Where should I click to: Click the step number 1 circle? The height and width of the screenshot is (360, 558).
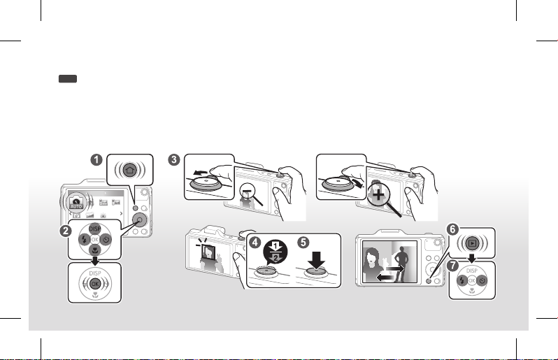99,160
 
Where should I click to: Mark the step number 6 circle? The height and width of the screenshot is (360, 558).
452,229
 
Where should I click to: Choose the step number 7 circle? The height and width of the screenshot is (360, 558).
452,266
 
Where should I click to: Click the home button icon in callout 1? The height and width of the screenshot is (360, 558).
129,169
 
